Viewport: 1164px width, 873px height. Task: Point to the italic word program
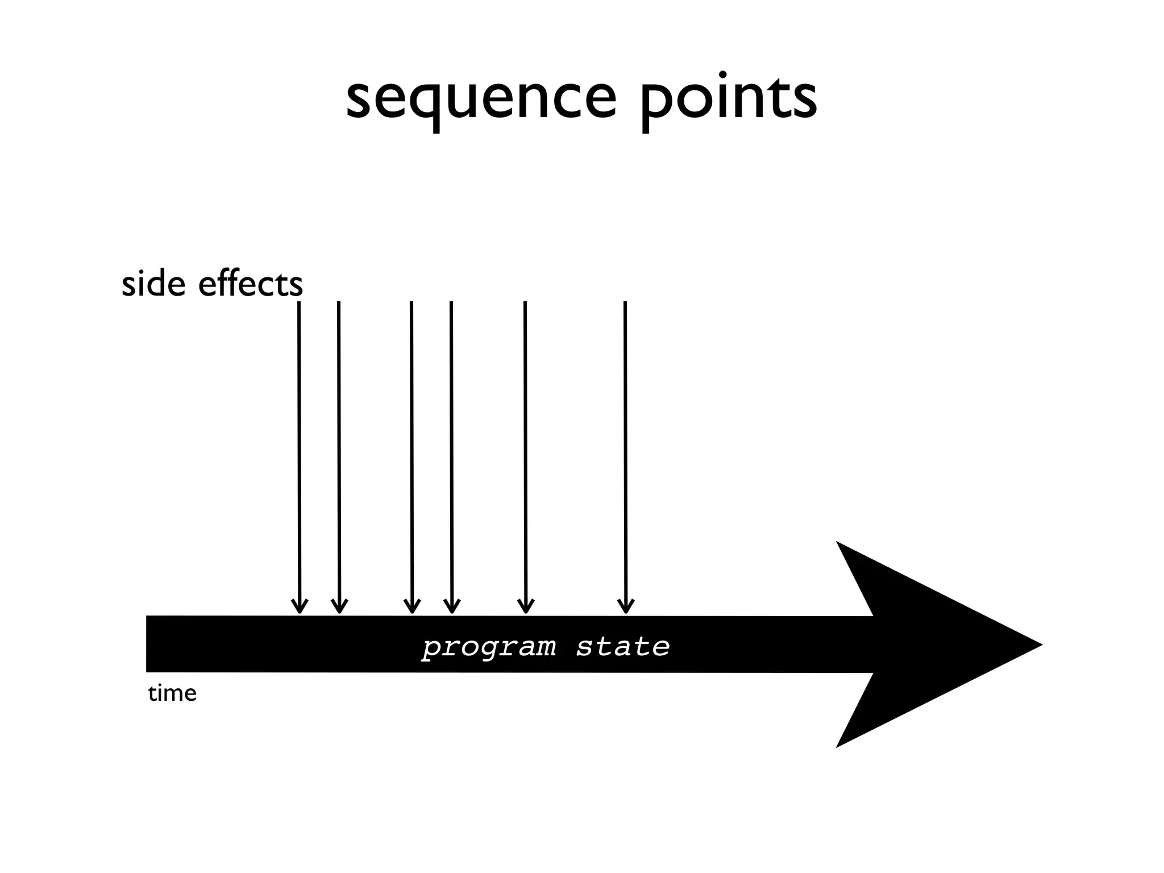(489, 647)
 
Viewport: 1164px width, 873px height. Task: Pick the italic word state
(623, 647)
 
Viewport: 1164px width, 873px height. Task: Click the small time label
(172, 693)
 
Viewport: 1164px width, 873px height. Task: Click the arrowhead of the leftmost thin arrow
(300, 607)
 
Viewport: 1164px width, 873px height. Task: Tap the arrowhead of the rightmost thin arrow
(626, 607)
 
